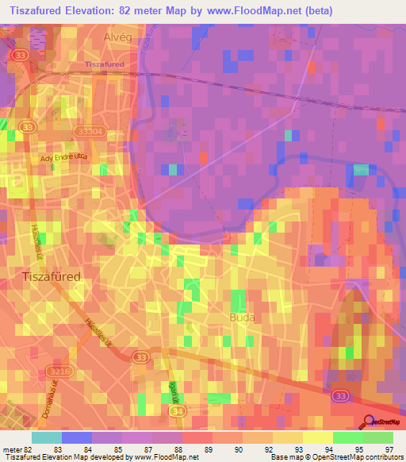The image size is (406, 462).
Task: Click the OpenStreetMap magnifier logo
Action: coord(369,421)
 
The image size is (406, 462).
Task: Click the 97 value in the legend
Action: coord(387,449)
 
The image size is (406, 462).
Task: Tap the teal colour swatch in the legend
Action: coord(46,437)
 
